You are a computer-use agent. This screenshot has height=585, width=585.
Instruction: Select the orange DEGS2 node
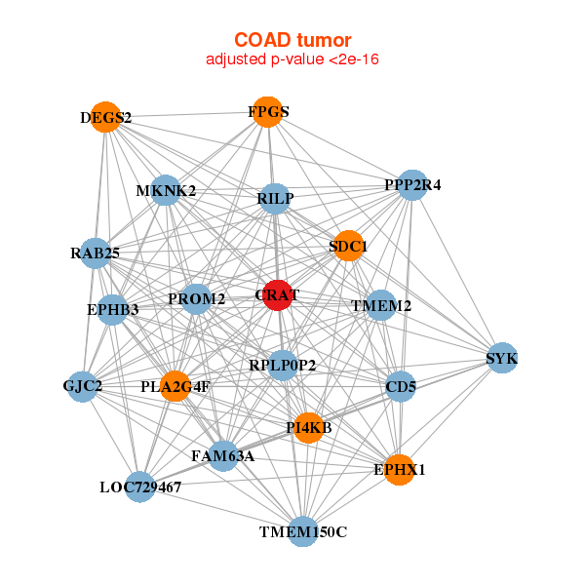pos(104,117)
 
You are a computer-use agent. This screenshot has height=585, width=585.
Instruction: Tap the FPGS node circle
pos(267,111)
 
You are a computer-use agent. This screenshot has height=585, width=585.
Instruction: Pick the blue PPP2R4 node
pos(412,185)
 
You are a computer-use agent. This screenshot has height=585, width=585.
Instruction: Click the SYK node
pos(501,358)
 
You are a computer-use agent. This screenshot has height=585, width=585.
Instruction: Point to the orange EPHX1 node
pos(398,469)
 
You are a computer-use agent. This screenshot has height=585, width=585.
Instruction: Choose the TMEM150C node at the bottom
pos(303,531)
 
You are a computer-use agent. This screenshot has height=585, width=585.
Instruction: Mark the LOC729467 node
pos(140,486)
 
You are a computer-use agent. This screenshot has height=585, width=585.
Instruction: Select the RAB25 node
pos(95,253)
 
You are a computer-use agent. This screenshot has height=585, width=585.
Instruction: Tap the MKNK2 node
pos(166,190)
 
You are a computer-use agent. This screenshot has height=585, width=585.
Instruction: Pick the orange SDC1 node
pos(347,246)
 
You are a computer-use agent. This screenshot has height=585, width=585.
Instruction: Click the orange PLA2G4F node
pos(175,386)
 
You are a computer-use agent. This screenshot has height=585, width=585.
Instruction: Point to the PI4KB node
pos(308,427)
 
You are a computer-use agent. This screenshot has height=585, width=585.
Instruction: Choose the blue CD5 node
pos(401,387)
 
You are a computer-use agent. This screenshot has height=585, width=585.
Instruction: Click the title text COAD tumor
pos(292,40)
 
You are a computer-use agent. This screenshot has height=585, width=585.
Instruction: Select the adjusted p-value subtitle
pos(292,59)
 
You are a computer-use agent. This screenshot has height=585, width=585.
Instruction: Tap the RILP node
pos(275,199)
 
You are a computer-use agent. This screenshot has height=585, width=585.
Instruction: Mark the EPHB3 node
pos(113,310)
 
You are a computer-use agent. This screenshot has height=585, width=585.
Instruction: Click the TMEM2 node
pos(381,305)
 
